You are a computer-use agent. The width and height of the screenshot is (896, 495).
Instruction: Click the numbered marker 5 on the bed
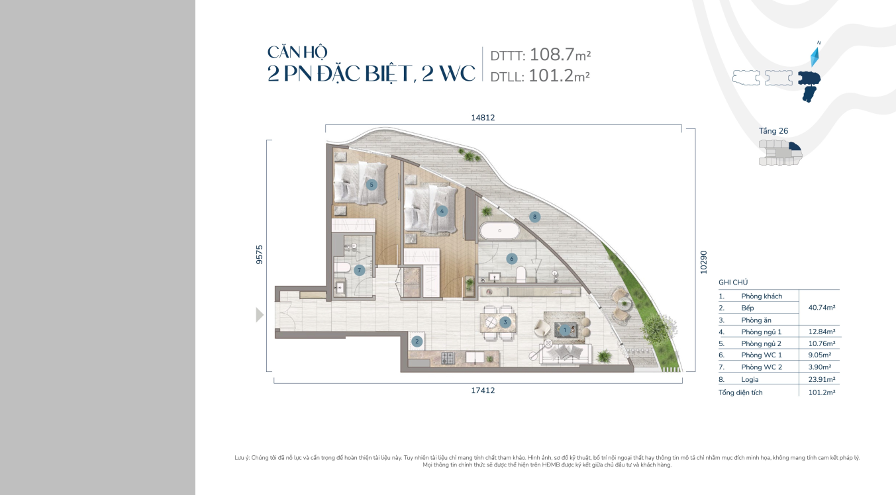pyautogui.click(x=372, y=185)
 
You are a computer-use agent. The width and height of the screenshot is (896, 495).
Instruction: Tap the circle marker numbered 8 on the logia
pyautogui.click(x=535, y=217)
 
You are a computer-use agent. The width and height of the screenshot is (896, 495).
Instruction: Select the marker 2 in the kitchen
pyautogui.click(x=417, y=341)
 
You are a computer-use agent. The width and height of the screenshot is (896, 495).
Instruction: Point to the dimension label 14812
pyautogui.click(x=483, y=118)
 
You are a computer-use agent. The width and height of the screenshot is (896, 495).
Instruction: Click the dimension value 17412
pyautogui.click(x=483, y=390)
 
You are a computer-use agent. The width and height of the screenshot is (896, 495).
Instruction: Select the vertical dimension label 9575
pyautogui.click(x=260, y=254)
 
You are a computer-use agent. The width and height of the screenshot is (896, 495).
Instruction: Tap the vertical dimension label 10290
pyautogui.click(x=703, y=262)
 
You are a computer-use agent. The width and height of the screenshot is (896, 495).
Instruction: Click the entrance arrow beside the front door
pyautogui.click(x=260, y=315)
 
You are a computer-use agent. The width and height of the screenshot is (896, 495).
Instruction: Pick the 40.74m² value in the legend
pyautogui.click(x=822, y=308)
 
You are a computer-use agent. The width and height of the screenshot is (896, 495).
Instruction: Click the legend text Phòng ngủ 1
pyautogui.click(x=761, y=332)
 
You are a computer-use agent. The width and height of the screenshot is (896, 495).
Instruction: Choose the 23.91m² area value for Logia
pyautogui.click(x=822, y=379)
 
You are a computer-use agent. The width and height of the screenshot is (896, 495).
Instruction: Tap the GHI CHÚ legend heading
pyautogui.click(x=733, y=283)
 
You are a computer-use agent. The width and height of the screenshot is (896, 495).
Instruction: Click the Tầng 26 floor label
pyautogui.click(x=773, y=131)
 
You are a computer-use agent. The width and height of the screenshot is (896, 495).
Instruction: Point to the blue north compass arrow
pyautogui.click(x=815, y=57)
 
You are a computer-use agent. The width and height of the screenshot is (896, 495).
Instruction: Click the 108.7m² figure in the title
pyautogui.click(x=560, y=55)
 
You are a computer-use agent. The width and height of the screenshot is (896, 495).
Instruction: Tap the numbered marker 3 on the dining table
pyautogui.click(x=505, y=322)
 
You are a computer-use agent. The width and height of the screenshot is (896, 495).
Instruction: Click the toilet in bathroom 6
pyautogui.click(x=521, y=274)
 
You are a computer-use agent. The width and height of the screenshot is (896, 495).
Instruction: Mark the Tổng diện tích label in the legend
pyautogui.click(x=740, y=392)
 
